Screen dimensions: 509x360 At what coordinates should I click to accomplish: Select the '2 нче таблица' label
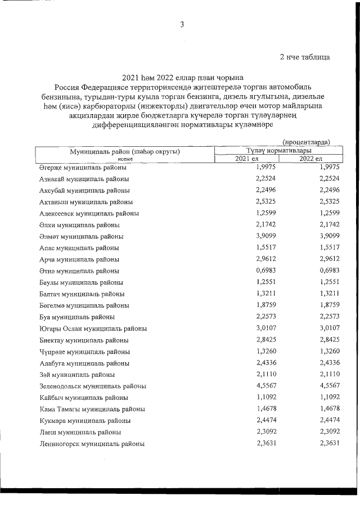304,57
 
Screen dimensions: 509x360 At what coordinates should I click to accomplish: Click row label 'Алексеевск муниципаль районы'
89,214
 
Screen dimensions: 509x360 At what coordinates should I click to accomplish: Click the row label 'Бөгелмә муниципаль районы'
84,305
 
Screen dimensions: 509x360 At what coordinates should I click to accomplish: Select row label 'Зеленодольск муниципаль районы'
93,386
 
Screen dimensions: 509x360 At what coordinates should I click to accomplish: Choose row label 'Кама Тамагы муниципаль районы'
92,409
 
